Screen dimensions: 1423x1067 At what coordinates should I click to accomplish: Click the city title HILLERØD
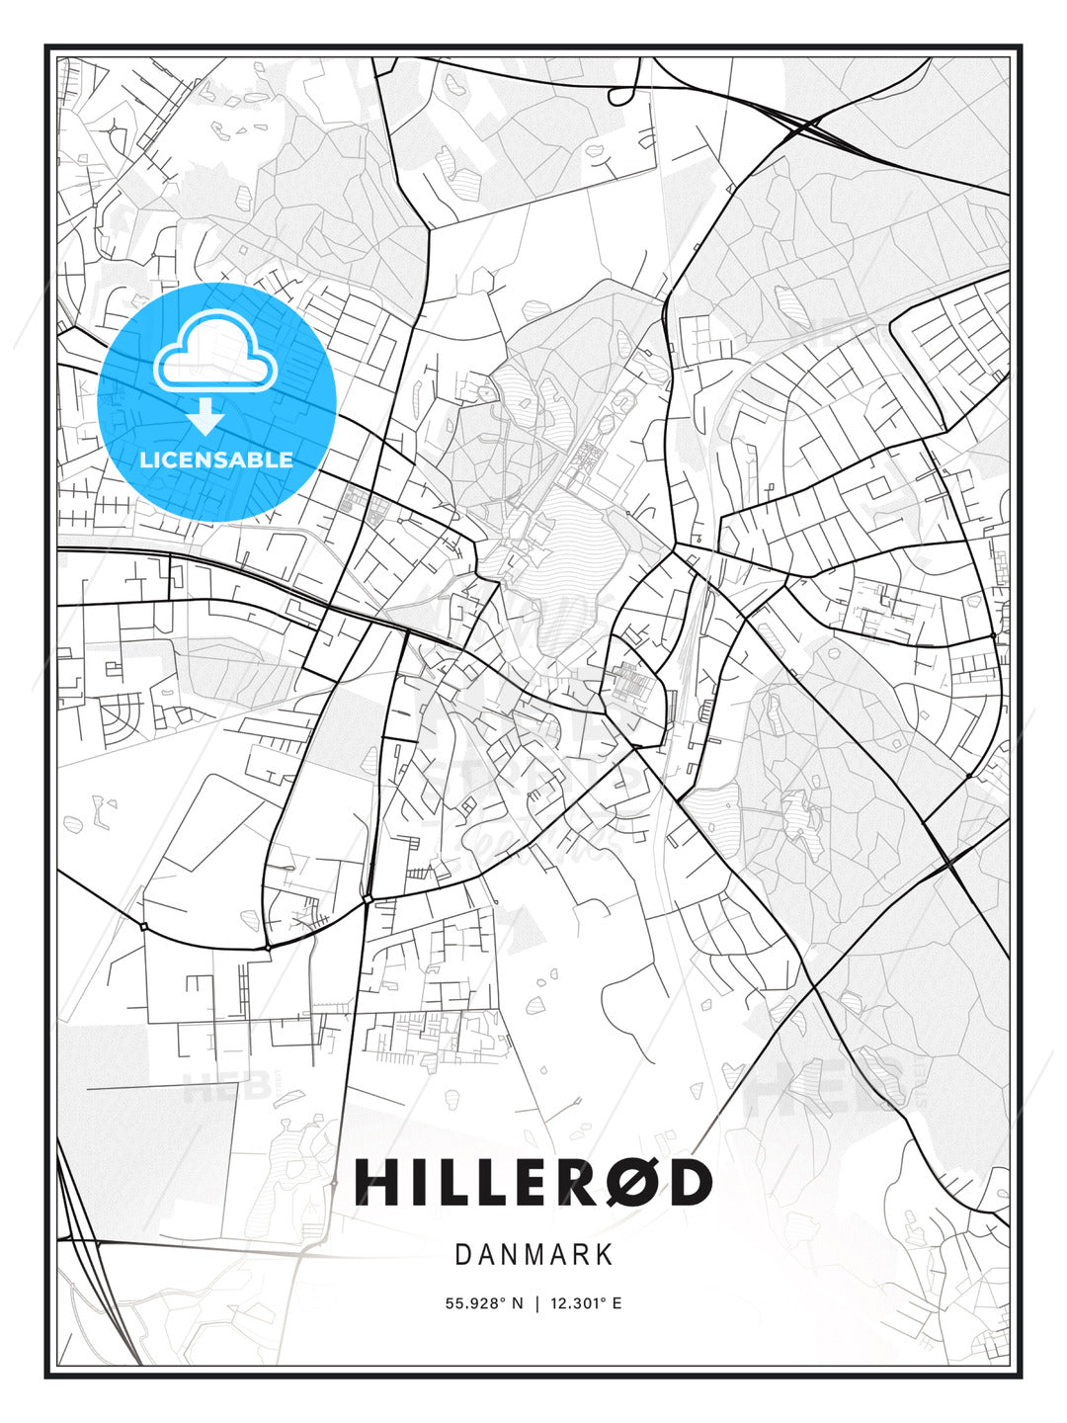533,1182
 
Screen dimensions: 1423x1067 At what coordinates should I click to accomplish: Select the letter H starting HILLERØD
376,1182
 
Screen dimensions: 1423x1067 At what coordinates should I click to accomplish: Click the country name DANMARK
533,1255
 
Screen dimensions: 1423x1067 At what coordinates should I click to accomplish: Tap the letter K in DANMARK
604,1255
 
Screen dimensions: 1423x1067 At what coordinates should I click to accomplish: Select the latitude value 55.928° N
484,1303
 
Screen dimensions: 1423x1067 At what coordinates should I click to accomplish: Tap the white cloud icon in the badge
215,353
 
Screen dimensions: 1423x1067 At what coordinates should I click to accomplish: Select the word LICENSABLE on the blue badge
216,460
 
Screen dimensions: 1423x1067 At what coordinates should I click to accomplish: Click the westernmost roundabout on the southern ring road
144,926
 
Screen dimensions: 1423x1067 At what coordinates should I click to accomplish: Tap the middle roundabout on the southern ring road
267,948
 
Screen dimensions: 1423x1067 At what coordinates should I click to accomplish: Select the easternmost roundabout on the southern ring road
367,898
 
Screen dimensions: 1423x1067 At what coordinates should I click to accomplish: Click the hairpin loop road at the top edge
622,95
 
